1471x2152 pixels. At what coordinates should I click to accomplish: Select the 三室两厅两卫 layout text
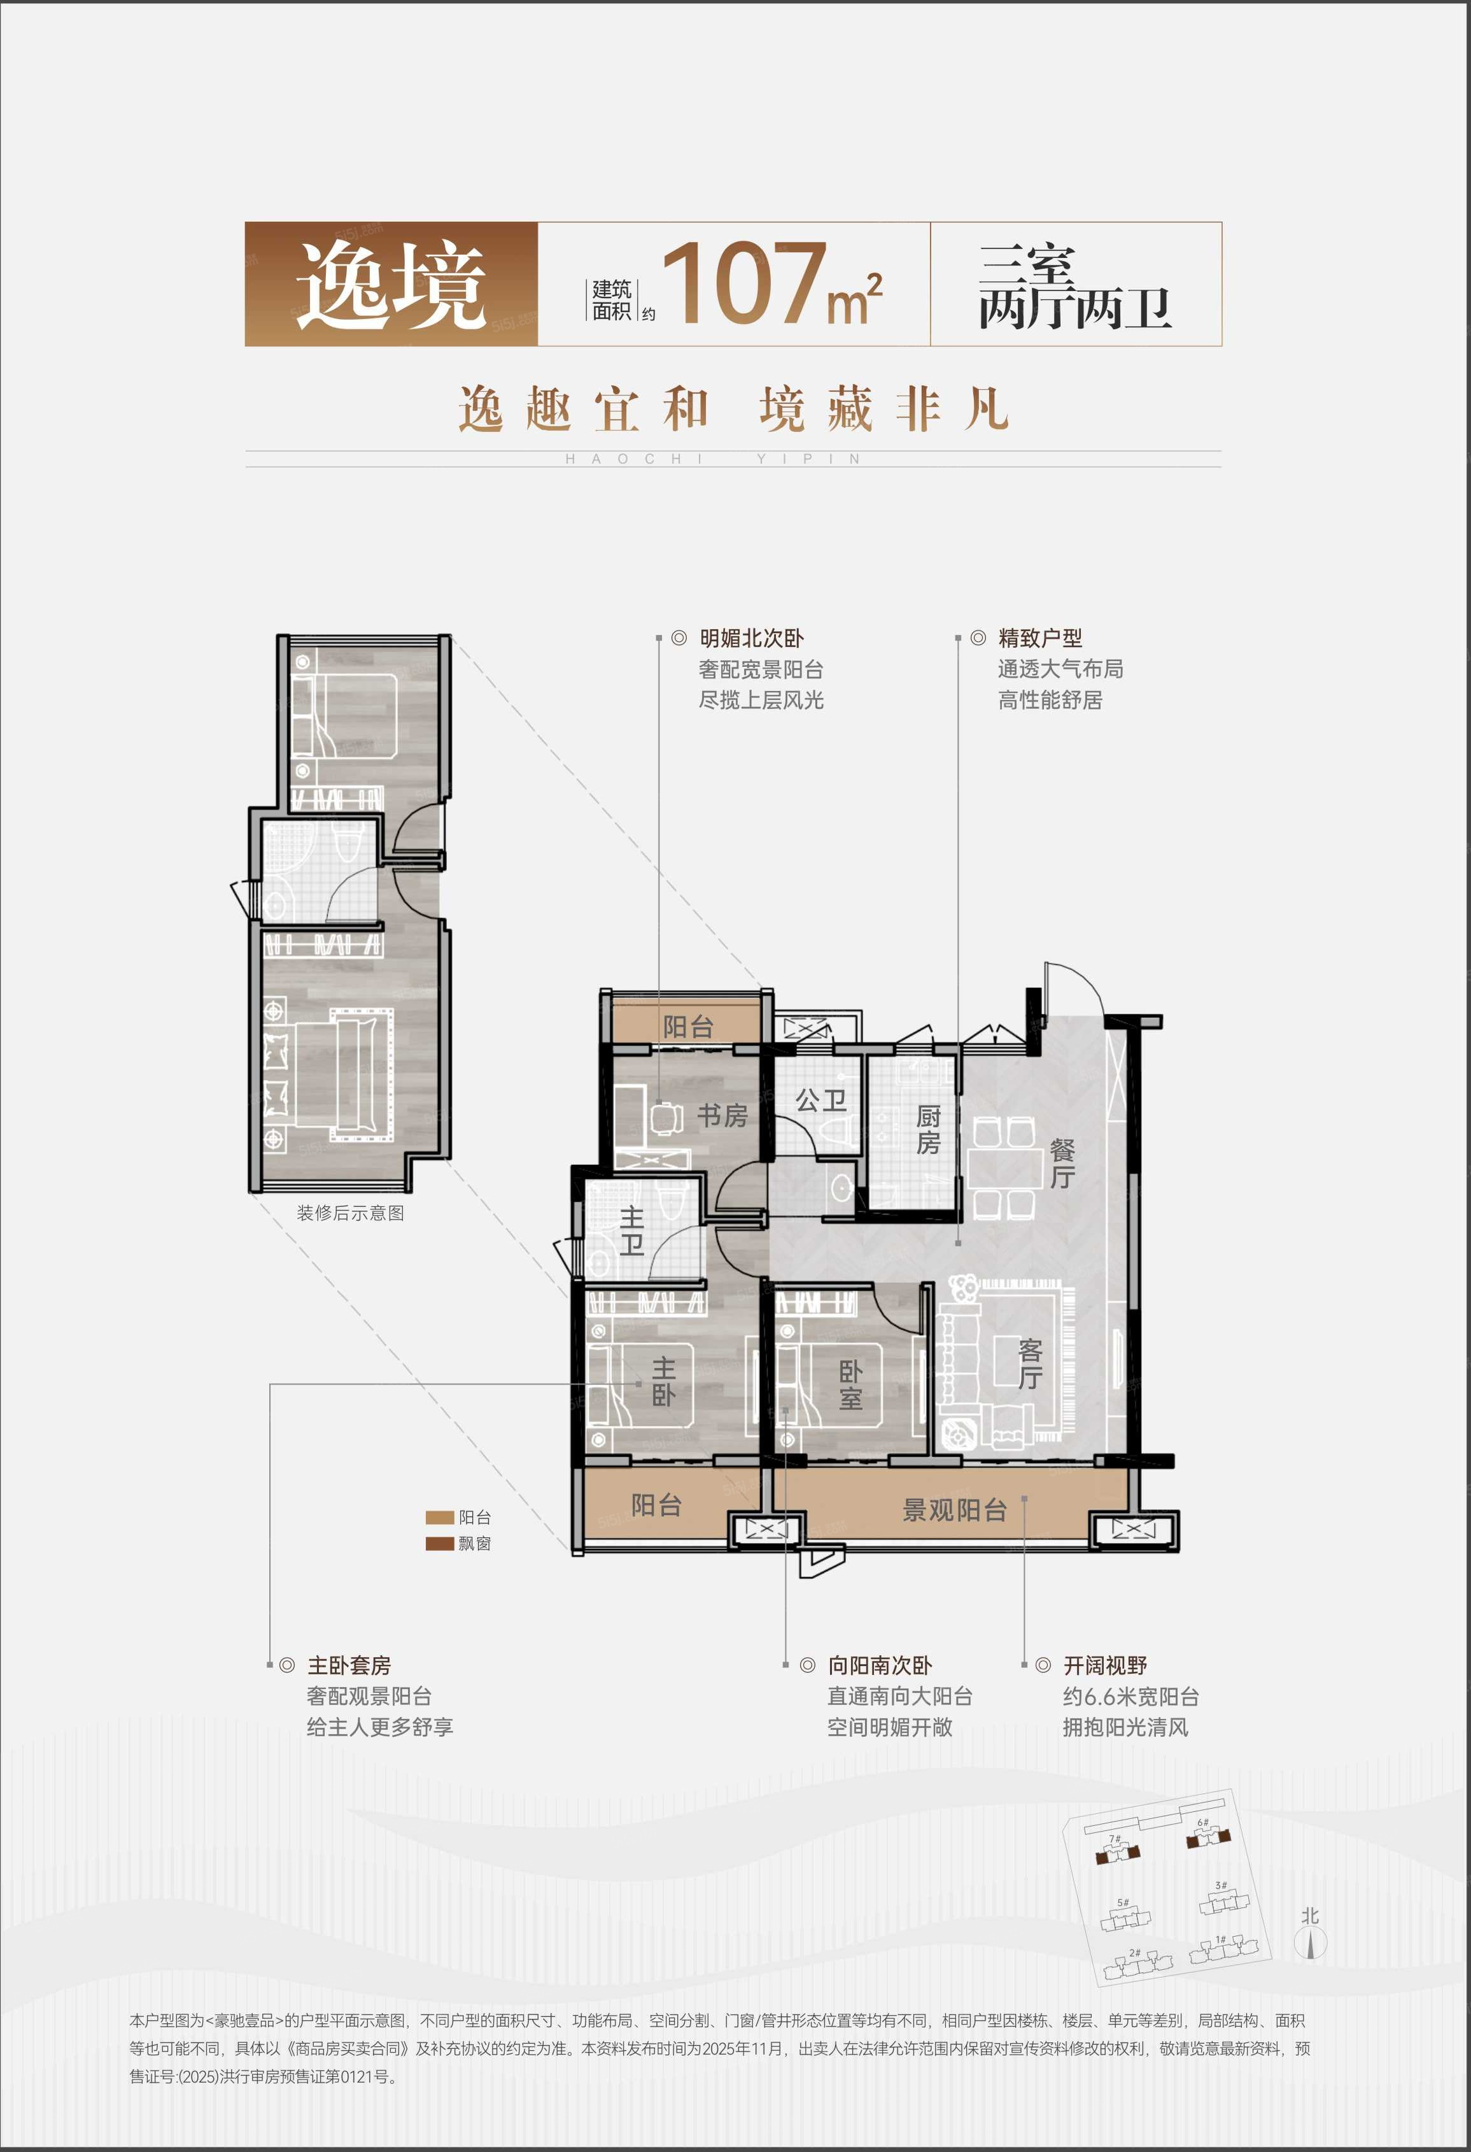(x=1075, y=287)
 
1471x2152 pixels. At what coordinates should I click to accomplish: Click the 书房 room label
(x=722, y=1116)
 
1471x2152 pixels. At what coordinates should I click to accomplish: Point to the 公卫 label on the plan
(x=821, y=1100)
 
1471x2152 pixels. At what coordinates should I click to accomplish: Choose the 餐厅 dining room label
(x=1062, y=1164)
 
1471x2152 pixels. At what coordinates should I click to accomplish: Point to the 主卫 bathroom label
(x=631, y=1230)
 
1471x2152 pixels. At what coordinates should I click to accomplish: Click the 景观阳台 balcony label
(x=954, y=1510)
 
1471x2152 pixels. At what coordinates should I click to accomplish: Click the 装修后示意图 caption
(x=350, y=1213)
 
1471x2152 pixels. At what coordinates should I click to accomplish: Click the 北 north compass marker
(x=1310, y=1916)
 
